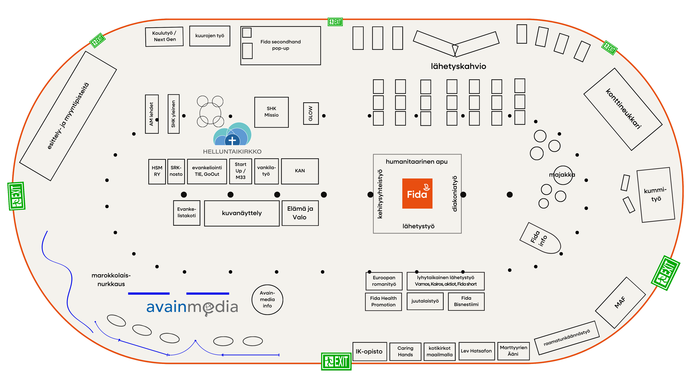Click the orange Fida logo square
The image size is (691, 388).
(417, 193)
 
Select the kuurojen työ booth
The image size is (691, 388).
(210, 36)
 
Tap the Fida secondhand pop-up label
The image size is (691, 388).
(281, 45)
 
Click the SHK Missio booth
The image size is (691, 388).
(271, 112)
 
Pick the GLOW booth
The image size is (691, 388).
(311, 113)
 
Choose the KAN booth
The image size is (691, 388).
(300, 171)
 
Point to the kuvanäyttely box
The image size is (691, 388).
(242, 213)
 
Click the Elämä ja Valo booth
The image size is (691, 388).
(300, 213)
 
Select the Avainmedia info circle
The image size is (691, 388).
(267, 299)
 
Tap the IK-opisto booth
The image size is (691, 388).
(370, 351)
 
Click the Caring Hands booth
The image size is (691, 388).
(405, 352)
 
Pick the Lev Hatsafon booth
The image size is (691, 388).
(477, 351)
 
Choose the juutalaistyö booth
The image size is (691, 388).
(425, 301)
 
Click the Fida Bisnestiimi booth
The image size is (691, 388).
(466, 301)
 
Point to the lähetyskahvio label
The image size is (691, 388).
(458, 66)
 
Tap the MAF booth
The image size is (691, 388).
(620, 303)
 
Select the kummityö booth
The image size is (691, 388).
(656, 195)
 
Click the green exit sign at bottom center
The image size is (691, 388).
(336, 362)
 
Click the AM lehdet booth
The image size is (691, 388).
(152, 114)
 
